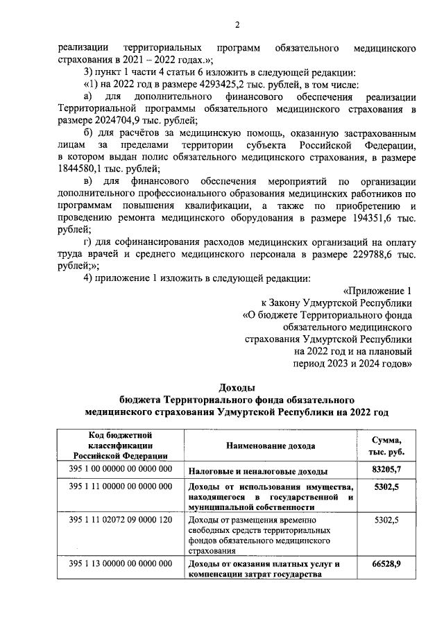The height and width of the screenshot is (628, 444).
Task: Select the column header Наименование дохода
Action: tap(271, 445)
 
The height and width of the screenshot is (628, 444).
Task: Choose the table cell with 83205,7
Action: tap(384, 470)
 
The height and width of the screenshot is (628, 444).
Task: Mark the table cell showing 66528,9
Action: tap(384, 563)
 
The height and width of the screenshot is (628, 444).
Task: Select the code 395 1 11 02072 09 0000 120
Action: tap(121, 519)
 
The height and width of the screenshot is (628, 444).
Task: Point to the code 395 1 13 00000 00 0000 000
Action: tap(121, 563)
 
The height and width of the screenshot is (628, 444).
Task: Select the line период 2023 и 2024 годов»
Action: tap(354, 363)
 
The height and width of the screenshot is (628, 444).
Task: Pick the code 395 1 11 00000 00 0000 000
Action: tap(121, 486)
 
